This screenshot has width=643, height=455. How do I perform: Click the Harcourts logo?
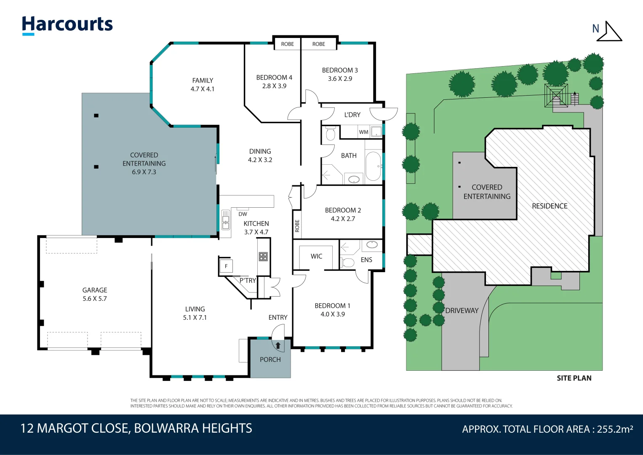pos(67,25)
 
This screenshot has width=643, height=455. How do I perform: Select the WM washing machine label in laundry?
pos(363,132)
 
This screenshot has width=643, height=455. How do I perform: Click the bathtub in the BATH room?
pos(373,166)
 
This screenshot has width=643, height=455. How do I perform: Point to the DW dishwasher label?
pos(243,214)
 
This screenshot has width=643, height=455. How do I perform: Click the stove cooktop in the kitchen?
pos(263,256)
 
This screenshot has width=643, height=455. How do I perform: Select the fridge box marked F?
pos(226,266)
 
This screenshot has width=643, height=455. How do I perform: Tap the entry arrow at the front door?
pos(278,345)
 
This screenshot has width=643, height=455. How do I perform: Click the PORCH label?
pos(270,359)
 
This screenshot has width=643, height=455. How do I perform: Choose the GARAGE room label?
pos(95,290)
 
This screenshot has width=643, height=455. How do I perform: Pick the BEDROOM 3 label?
pos(340,70)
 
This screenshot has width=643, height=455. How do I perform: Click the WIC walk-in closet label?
pos(316,256)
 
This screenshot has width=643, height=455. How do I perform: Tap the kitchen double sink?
pos(226,219)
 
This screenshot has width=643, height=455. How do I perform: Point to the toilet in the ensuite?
pos(348,263)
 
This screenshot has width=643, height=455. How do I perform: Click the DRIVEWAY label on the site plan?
pos(462,310)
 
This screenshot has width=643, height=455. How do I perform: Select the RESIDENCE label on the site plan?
pos(550,206)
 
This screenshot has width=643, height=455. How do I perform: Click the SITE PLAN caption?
pos(574,378)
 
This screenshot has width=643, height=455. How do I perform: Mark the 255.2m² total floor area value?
pos(615,429)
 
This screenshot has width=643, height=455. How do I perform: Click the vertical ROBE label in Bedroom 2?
pos(297,226)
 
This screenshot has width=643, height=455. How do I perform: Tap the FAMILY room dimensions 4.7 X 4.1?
pos(203,89)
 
